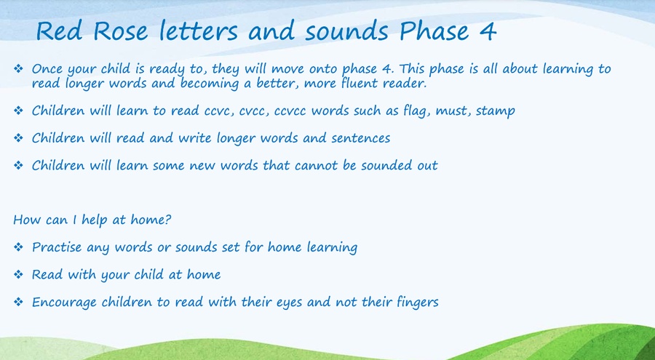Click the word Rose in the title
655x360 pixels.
(x=120, y=31)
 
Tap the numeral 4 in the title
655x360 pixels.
(x=488, y=31)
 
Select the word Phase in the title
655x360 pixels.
(x=434, y=31)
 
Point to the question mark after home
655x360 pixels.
(x=168, y=219)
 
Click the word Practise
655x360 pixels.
(x=57, y=247)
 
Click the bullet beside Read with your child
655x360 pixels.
(x=18, y=274)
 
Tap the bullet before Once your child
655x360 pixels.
(x=18, y=68)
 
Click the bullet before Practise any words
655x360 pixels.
(x=18, y=247)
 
